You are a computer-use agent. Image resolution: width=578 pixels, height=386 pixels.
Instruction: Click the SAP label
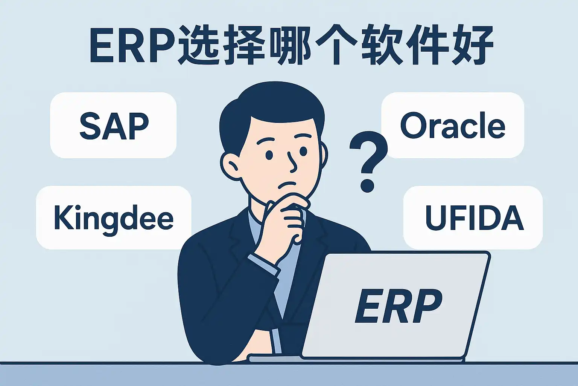point(114,126)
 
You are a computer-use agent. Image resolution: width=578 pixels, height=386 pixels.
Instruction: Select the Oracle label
point(453,126)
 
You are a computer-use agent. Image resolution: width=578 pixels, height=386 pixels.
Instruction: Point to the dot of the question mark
point(367,184)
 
